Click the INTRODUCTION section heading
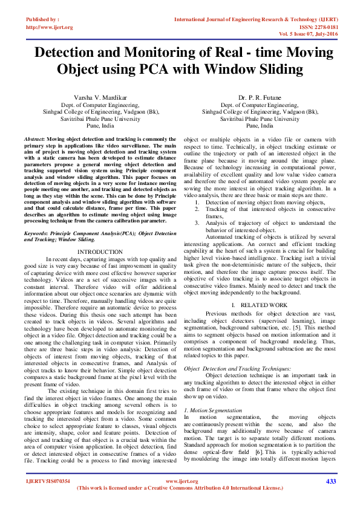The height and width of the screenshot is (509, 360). [x=100, y=235]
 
